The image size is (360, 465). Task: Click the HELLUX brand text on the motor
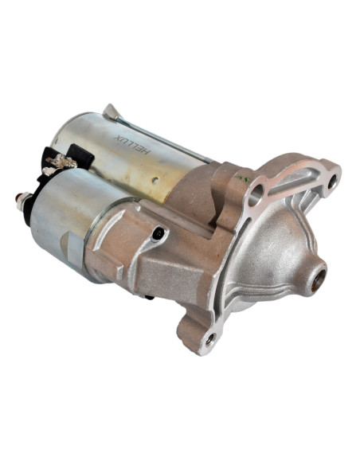(x=132, y=145)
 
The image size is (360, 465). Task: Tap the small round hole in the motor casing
(x=155, y=180)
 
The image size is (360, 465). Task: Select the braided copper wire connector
(x=61, y=162)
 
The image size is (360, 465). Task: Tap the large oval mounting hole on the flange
(x=255, y=196)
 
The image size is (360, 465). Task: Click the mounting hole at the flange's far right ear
(x=332, y=182)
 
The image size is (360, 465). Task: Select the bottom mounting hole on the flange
(x=211, y=339)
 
